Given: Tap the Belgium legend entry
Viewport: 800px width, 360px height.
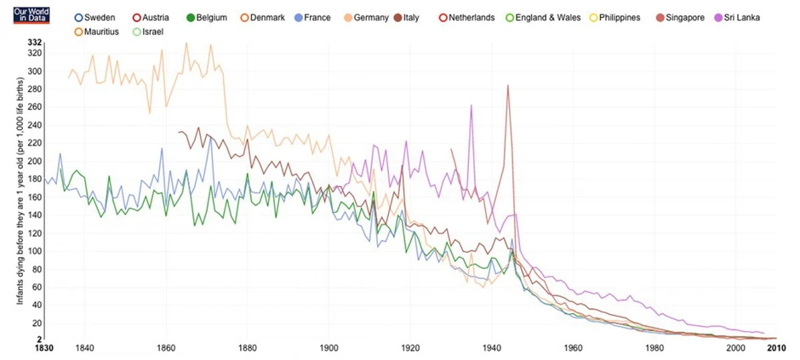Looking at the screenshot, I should [212, 17].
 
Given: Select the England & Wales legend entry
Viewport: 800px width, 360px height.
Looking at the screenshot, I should [542, 17].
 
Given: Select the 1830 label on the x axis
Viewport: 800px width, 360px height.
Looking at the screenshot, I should [44, 348].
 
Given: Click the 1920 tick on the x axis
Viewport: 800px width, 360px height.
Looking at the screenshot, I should [409, 348].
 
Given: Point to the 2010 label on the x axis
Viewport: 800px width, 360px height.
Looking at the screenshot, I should [774, 348].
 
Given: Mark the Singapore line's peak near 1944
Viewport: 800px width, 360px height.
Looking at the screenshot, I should [508, 85].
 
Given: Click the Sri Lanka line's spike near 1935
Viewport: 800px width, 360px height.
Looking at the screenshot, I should [471, 106].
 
